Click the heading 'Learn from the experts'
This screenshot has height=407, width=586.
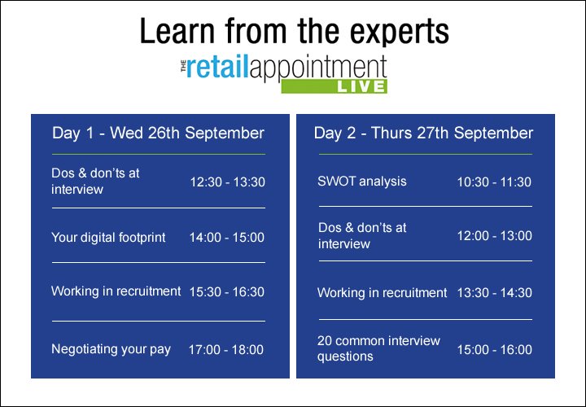pos(293,31)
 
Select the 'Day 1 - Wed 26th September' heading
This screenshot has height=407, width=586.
pos(158,133)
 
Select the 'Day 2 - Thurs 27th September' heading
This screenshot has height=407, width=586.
pos(423,133)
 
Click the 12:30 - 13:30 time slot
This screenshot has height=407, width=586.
pos(228,182)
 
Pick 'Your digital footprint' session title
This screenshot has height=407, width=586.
pos(108,238)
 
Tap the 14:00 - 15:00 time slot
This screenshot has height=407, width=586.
pos(228,238)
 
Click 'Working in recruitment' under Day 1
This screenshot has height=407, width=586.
pos(116,291)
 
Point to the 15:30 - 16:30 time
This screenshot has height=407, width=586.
pos(228,291)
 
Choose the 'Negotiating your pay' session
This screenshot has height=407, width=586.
pos(111,348)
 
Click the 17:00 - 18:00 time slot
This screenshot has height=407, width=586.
pos(226,350)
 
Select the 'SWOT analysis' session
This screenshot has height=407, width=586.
pos(361,181)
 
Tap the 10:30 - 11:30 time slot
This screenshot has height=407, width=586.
pos(494,182)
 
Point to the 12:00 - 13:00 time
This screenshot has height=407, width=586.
pos(494,236)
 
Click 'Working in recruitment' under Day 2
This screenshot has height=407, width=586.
pos(382,292)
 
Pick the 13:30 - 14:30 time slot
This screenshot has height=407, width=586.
pos(494,293)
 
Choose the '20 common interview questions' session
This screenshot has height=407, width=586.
pos(378,348)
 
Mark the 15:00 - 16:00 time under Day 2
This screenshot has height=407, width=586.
pos(494,350)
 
